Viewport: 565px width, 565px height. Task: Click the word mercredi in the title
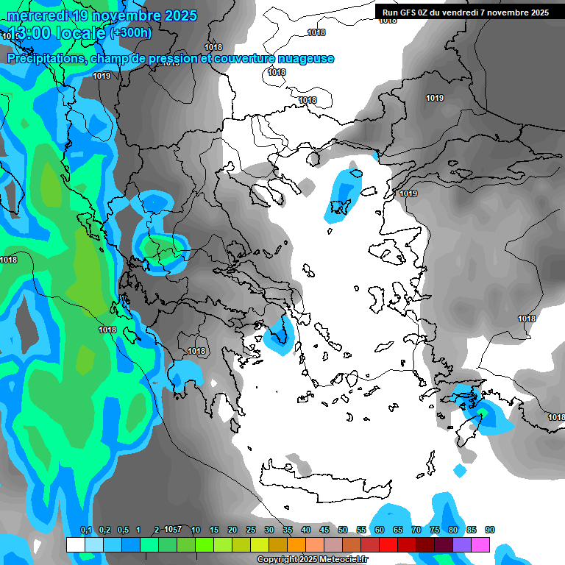coord(37,15)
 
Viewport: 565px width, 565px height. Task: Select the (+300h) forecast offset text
coord(131,33)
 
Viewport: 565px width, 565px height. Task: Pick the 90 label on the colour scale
coord(490,530)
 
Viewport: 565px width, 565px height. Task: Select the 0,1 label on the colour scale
coord(86,530)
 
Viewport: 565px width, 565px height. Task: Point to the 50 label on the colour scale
coord(343,530)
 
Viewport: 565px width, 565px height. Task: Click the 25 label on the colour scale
coord(251,530)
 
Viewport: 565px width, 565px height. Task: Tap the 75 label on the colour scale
coord(435,530)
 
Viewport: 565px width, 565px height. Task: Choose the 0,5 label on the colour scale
coord(123,530)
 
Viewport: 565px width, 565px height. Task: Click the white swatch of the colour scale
coord(75,544)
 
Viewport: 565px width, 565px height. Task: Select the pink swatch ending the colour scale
coord(480,544)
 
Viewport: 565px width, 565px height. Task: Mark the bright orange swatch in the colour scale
coord(296,544)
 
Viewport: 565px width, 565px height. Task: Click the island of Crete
coord(324,482)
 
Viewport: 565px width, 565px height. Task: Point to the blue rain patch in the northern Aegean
coord(343,195)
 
